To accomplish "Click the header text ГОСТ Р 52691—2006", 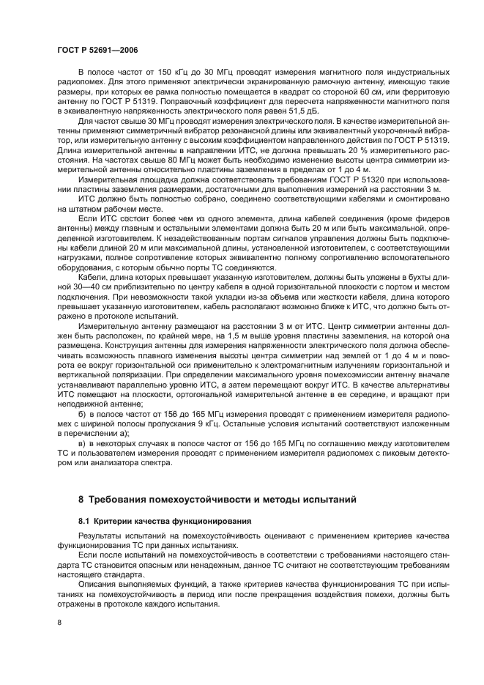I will pos(97,48).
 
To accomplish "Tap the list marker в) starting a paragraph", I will pos(83,443).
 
